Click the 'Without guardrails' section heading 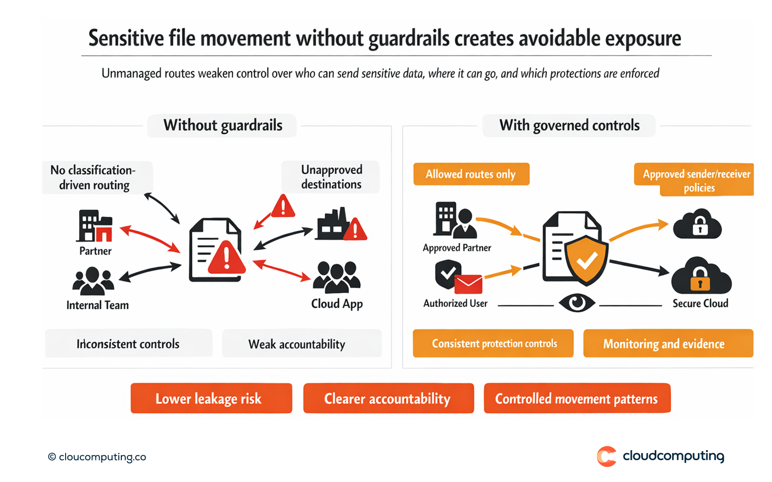tap(222, 125)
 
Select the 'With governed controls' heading tap(569, 125)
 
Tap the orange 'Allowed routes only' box tap(471, 174)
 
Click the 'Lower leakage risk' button tap(211, 398)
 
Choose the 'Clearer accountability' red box tap(388, 398)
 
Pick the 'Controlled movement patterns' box tap(577, 398)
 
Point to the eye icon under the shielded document tap(577, 302)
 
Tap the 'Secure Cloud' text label tap(700, 303)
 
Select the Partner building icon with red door tap(95, 226)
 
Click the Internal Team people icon tap(93, 281)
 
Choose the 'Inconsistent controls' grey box tap(128, 344)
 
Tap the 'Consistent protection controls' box tap(493, 344)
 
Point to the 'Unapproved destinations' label tap(331, 177)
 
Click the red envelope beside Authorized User tap(468, 284)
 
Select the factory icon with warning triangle tap(341, 225)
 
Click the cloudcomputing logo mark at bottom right tap(606, 456)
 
